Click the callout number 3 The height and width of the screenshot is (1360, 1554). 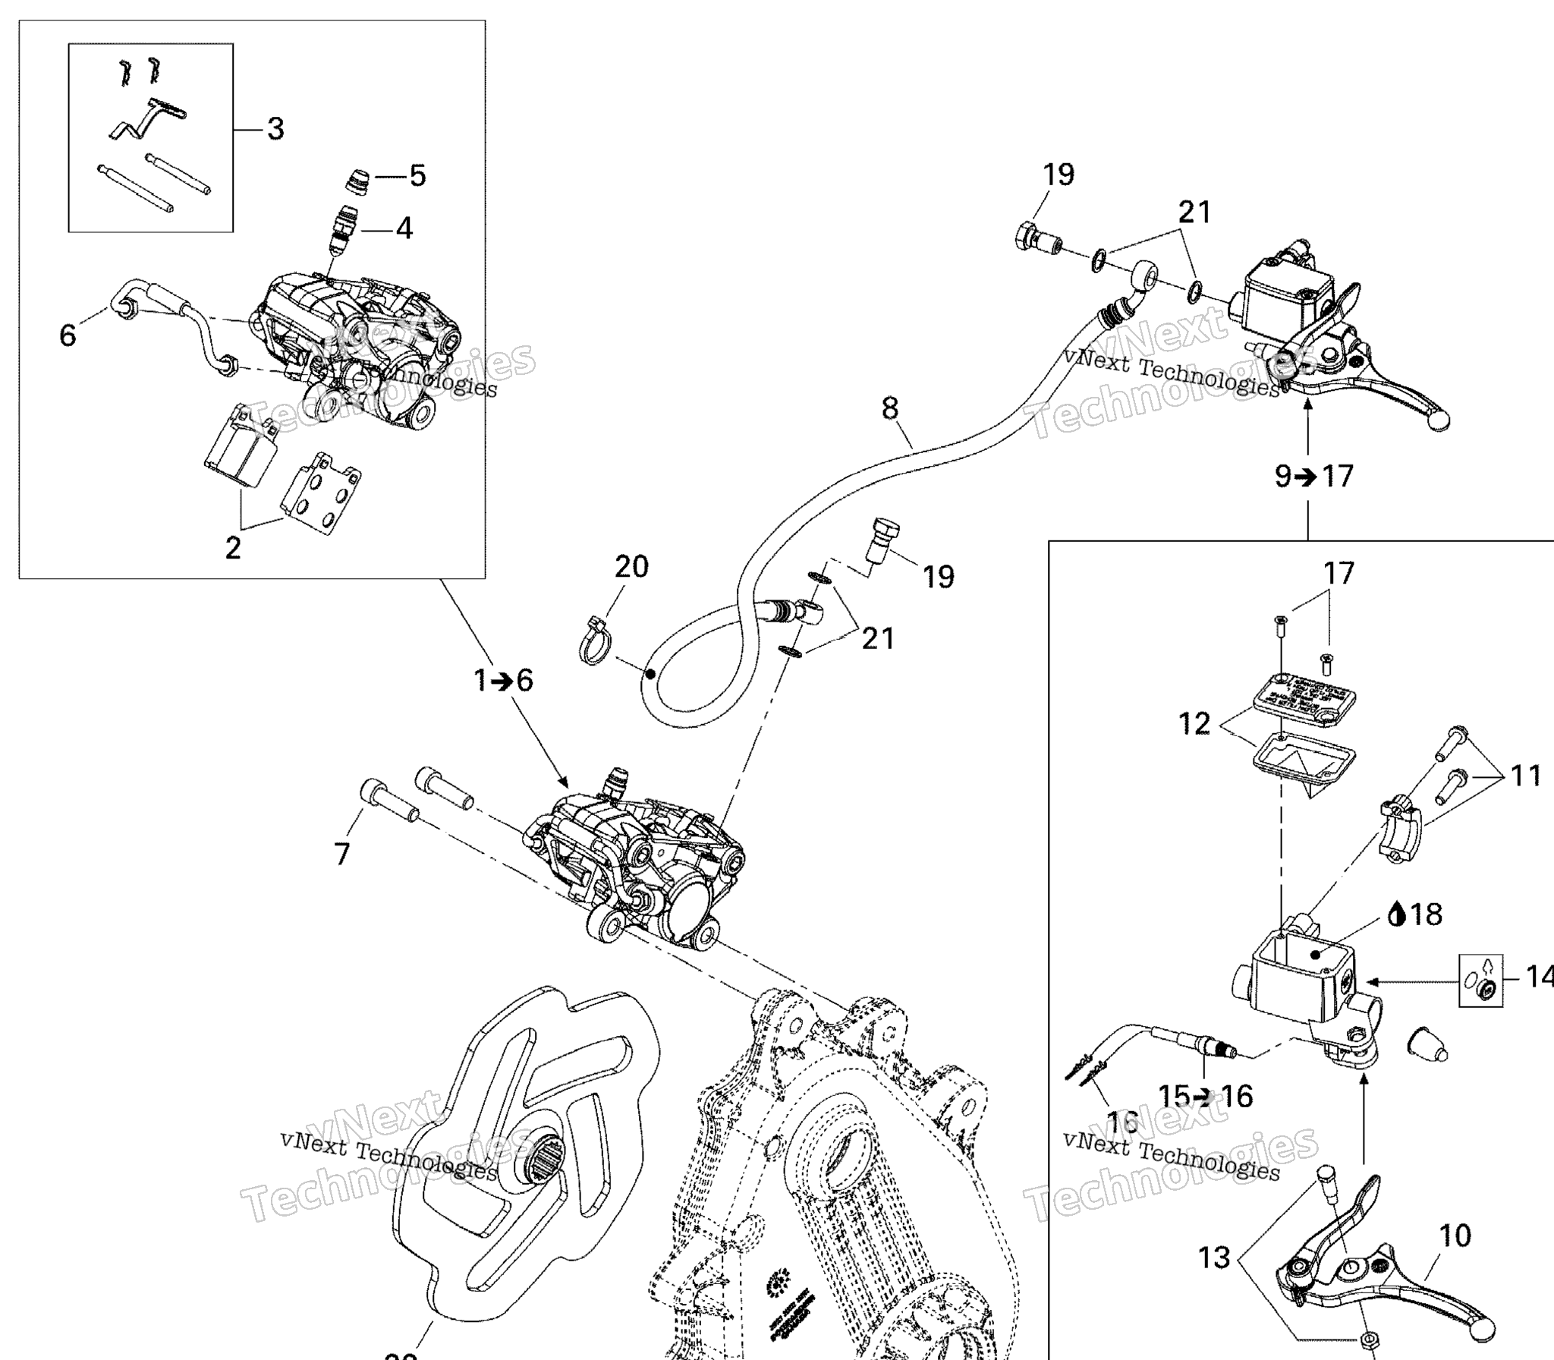275,129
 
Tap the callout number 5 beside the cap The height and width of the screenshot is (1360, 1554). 417,176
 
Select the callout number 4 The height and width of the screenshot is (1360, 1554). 404,228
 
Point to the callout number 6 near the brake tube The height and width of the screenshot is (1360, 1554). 68,335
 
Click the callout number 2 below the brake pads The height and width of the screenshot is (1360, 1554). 233,547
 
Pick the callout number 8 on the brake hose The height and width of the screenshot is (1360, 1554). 890,409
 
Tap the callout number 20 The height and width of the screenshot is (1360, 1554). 631,567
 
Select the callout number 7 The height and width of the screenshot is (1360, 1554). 342,854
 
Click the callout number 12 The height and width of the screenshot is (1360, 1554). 1194,723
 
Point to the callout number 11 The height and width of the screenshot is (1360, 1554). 1526,776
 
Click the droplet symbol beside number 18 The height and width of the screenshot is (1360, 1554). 1395,915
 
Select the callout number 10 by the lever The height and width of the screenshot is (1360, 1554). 1455,1236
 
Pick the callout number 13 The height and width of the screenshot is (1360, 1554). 1213,1258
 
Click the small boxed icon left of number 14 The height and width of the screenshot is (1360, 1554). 1480,980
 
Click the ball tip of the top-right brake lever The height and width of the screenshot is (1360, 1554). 1437,422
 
